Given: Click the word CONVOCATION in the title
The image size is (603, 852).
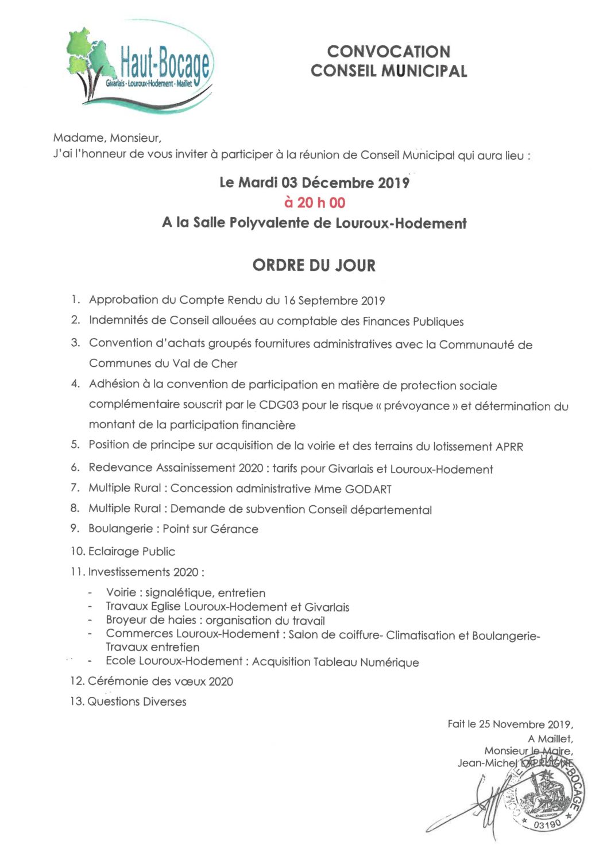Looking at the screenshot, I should tap(388, 52).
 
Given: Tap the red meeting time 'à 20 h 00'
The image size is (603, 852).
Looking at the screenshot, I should tap(315, 203).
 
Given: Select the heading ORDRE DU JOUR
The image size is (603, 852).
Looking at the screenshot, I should tap(314, 266).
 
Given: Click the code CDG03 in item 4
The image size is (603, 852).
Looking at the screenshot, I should tap(279, 405).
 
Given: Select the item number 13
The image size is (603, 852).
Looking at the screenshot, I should tap(77, 702).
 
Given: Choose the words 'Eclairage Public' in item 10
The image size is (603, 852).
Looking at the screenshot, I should tap(132, 552).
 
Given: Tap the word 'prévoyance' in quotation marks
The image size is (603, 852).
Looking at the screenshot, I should tap(416, 406).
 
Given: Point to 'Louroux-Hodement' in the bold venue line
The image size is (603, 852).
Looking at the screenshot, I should tap(401, 223).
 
